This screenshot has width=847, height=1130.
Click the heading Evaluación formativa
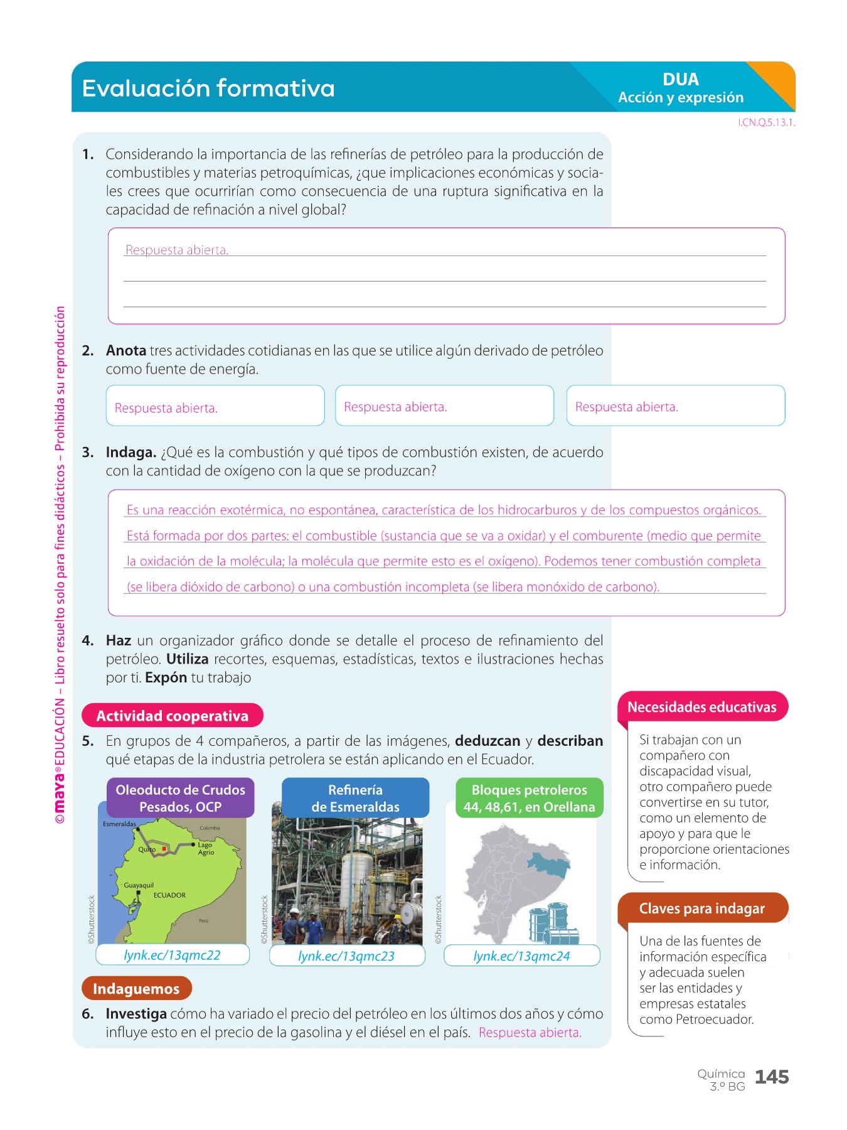coord(208,89)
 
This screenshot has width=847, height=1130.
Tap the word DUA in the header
coord(680,80)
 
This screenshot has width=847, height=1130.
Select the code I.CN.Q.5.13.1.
coord(766,123)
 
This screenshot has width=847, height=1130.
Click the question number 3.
coord(88,453)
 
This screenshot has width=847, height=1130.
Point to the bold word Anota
coord(126,351)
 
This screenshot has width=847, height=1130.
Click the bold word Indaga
coord(131,453)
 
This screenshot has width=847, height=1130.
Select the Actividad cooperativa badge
coord(173,716)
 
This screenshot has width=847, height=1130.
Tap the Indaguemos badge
coord(136,989)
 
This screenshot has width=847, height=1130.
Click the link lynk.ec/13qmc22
coord(173,955)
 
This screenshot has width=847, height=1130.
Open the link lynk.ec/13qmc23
coord(346,956)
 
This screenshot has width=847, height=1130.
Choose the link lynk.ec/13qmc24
coord(521,956)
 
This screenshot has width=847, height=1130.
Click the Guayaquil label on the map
coord(139,885)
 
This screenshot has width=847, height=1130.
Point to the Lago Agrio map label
coord(206,849)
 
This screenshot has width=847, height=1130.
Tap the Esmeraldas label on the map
coord(119,824)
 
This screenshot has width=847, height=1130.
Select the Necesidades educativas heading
coord(701,708)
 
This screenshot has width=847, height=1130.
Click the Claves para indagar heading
coord(701,909)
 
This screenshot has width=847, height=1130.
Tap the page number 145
coord(772,1077)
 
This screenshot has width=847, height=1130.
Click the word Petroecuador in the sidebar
coord(715,1020)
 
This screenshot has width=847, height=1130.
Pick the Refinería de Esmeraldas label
coord(355,799)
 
